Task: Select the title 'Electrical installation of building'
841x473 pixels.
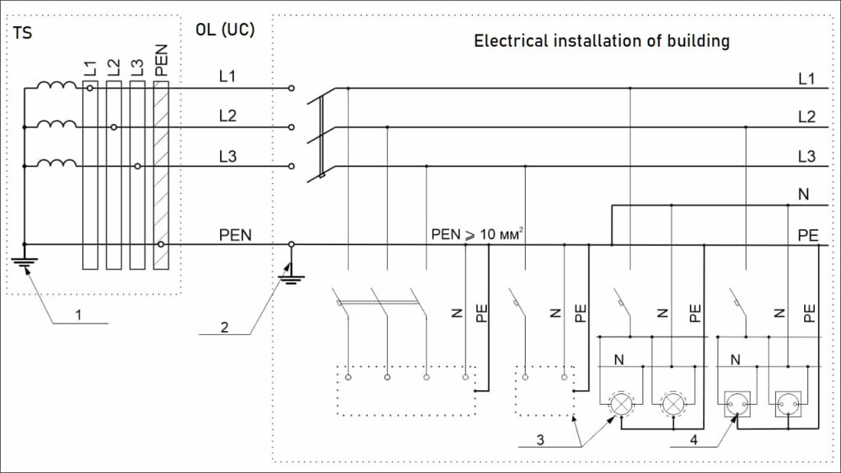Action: (x=601, y=40)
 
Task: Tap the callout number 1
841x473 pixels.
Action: (x=79, y=314)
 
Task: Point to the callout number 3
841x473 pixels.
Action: (x=540, y=439)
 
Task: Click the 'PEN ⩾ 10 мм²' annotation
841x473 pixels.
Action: (x=477, y=235)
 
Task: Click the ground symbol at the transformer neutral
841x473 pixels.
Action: (x=25, y=265)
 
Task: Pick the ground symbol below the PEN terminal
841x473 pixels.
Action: (x=288, y=278)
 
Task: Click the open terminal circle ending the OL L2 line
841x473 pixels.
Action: (x=292, y=127)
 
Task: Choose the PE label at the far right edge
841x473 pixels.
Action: (x=807, y=235)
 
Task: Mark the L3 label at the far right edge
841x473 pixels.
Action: (x=807, y=156)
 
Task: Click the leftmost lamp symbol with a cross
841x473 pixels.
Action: (x=621, y=402)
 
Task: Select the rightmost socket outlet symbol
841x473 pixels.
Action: (x=788, y=403)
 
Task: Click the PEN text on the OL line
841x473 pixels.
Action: (x=235, y=235)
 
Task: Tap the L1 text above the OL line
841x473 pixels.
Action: (x=227, y=76)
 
